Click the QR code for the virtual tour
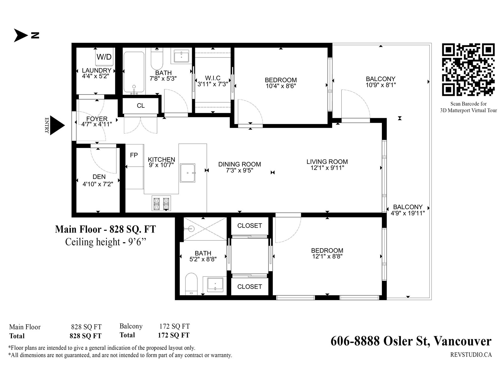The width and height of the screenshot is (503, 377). [x=468, y=69]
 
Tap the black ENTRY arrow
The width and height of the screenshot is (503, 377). [x=57, y=125]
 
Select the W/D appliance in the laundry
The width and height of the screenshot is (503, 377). [x=104, y=57]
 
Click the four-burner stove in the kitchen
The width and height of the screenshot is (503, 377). [x=161, y=203]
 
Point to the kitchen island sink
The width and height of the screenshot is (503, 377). [x=187, y=173]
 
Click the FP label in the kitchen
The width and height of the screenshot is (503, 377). [x=134, y=155]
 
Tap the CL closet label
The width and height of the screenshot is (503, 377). [x=141, y=106]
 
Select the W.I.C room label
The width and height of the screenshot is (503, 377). [x=213, y=78]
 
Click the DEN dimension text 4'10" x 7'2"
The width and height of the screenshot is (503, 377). [x=98, y=184]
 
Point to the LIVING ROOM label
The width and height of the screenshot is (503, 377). [x=327, y=161]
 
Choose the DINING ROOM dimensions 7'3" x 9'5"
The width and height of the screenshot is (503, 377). [x=240, y=170]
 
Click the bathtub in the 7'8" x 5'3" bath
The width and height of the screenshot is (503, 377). [x=134, y=73]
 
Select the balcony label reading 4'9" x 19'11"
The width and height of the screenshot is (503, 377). [x=408, y=213]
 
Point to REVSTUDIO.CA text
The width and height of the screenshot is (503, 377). [x=471, y=355]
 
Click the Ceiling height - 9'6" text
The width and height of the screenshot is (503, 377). [x=106, y=242]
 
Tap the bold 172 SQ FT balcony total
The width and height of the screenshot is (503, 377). [x=174, y=335]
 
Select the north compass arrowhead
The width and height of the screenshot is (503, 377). [x=21, y=35]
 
